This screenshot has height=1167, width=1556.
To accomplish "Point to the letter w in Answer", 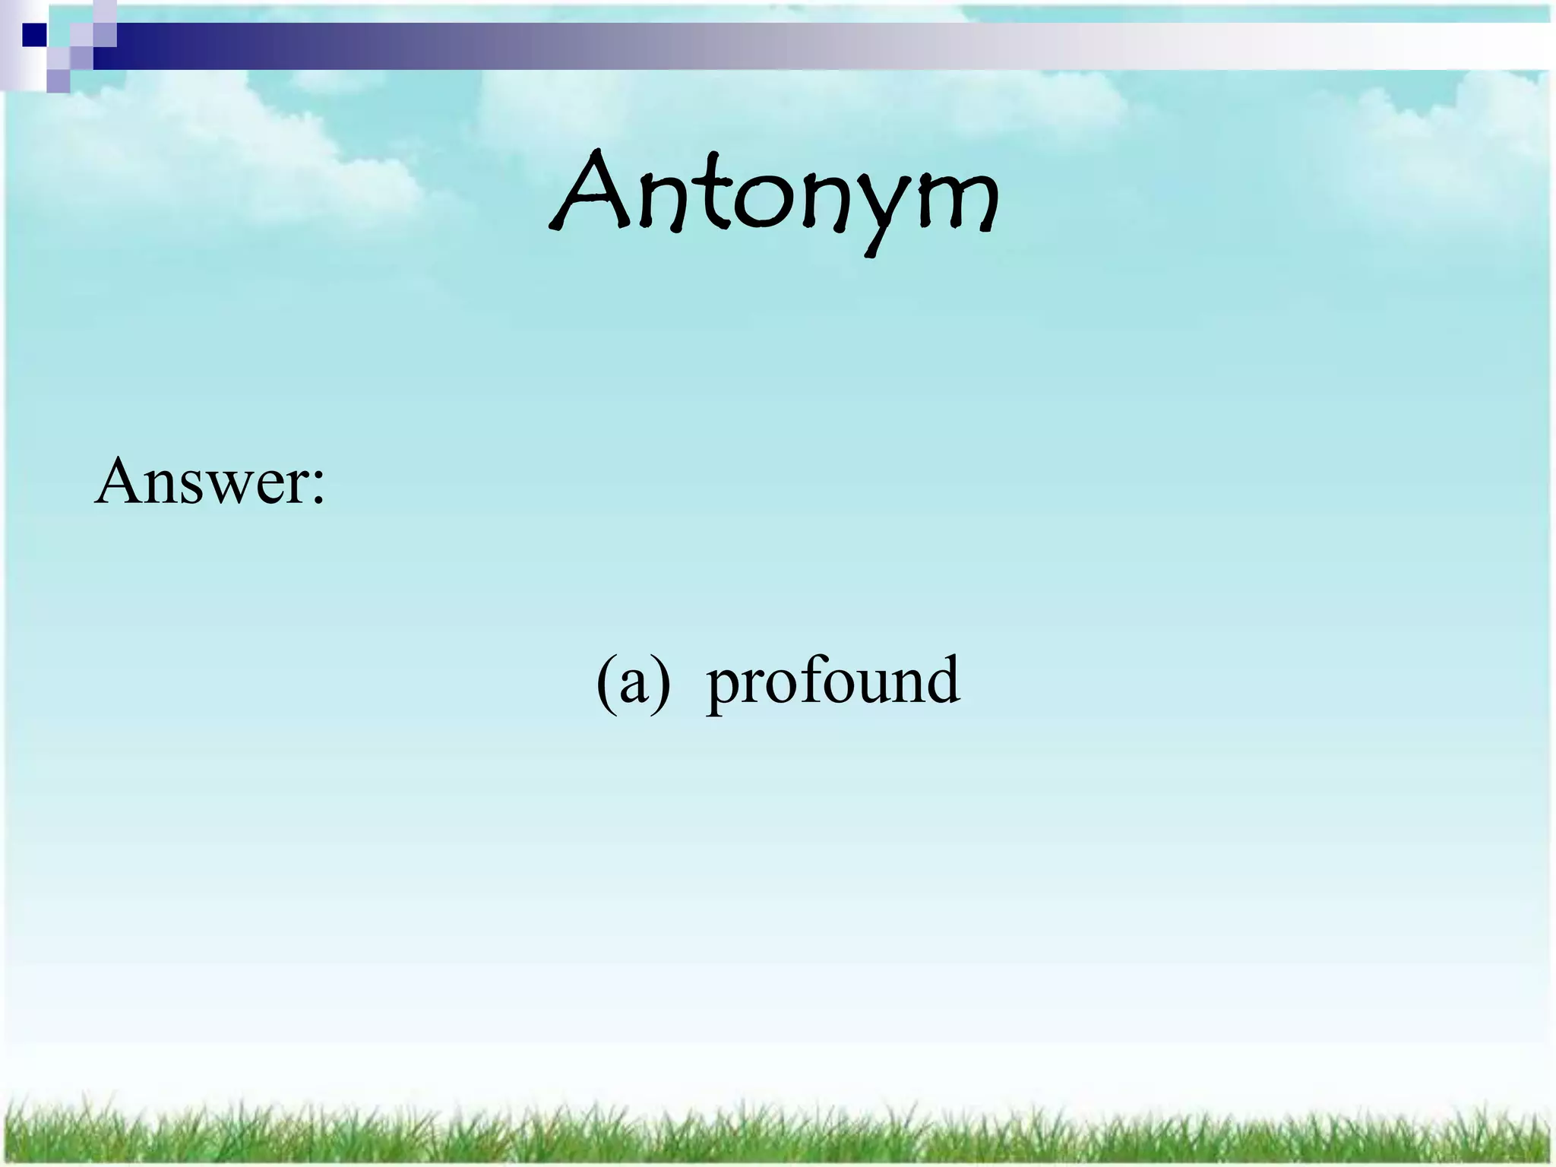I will click(228, 490).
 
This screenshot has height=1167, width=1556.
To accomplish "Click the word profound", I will click(833, 682).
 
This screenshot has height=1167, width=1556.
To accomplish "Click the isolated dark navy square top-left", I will click(34, 35).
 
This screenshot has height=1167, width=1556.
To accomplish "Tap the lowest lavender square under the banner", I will click(58, 81).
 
